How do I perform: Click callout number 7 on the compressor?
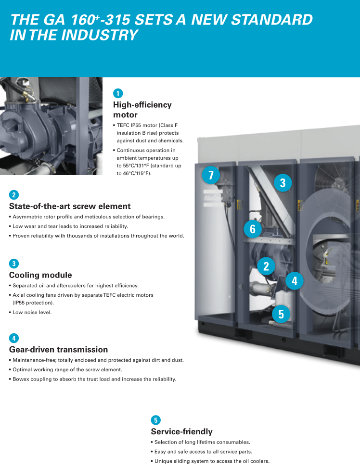coord(211,175)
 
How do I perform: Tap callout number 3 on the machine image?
coord(283,183)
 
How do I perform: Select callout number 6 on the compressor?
coord(253,229)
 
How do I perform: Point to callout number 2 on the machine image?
coord(266,266)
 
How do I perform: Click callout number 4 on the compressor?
coord(295,280)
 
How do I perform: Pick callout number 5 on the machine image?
coord(281,314)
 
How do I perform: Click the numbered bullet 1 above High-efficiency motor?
coord(118,93)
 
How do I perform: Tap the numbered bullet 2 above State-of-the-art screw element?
coord(14,195)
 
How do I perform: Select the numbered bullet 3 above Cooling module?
coord(14,264)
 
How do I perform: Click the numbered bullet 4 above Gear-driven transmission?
coord(14,338)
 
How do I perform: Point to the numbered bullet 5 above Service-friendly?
coord(155,420)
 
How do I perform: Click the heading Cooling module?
coord(40,275)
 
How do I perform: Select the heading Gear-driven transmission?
coord(59,350)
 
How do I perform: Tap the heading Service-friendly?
coord(181,431)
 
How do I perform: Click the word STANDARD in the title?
coord(272,20)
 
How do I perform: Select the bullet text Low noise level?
coord(32,312)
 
